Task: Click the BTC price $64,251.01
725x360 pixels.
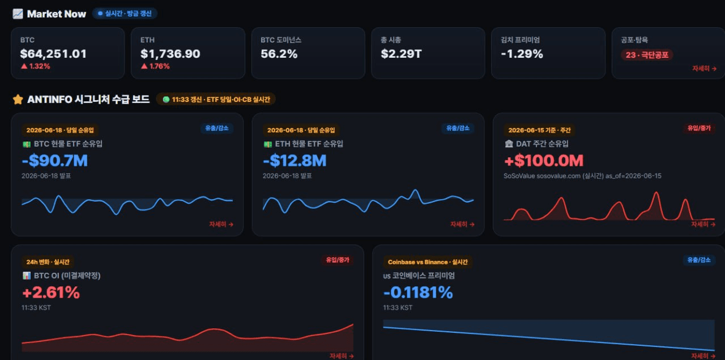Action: click(x=53, y=54)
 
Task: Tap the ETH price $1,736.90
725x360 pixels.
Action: click(x=170, y=54)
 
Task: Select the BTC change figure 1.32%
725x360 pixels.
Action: click(x=40, y=66)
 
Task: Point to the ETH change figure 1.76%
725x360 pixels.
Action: click(x=160, y=66)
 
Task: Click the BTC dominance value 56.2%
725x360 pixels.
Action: click(x=279, y=54)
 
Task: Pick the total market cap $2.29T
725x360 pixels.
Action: click(x=402, y=54)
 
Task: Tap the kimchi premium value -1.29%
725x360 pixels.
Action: click(x=522, y=54)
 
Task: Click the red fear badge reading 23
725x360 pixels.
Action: click(x=647, y=55)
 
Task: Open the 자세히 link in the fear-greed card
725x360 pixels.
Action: click(x=704, y=68)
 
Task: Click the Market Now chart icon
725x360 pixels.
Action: click(x=18, y=14)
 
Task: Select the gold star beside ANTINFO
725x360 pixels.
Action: click(x=18, y=99)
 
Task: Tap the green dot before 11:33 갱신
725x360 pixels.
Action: click(x=166, y=99)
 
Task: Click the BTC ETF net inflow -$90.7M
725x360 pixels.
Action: click(x=55, y=160)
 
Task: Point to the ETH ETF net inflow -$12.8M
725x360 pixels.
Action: click(x=295, y=160)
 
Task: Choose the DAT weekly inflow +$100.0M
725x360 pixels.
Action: click(x=544, y=160)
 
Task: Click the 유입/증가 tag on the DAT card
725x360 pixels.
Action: click(x=699, y=128)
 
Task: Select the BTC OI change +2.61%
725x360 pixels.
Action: click(x=51, y=293)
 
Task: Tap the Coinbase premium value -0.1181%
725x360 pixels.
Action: click(x=418, y=293)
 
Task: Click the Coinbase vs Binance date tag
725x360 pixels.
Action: click(x=428, y=262)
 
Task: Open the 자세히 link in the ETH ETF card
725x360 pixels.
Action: click(x=462, y=224)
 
